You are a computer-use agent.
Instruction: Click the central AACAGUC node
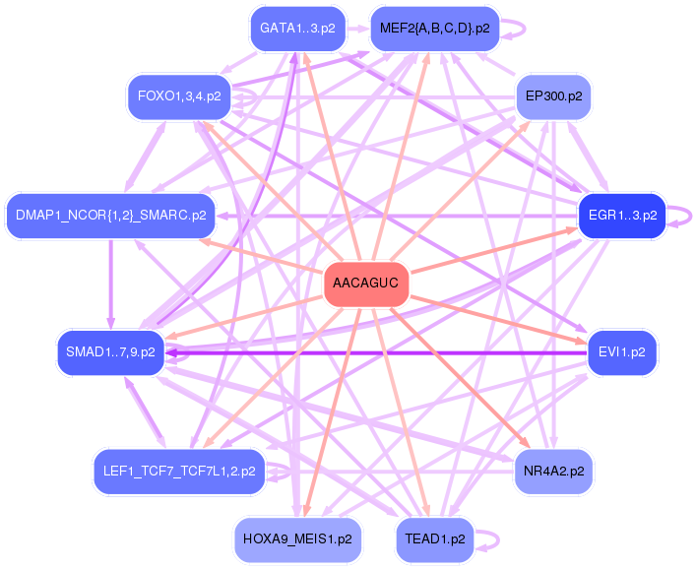[x=365, y=284]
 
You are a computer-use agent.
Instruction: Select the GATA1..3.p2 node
[x=297, y=29]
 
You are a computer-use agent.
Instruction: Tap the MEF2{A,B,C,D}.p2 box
[x=434, y=29]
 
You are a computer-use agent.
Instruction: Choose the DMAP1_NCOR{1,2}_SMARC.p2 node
[x=109, y=215]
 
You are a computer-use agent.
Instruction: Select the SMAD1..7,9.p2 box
[x=110, y=352]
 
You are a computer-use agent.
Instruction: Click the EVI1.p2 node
[x=621, y=352]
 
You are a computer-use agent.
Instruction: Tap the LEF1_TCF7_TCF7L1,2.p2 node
[x=179, y=471]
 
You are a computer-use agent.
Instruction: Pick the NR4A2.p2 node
[x=552, y=471]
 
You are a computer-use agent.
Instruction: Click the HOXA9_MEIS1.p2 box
[x=297, y=539]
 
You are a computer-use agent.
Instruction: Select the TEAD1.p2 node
[x=434, y=539]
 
